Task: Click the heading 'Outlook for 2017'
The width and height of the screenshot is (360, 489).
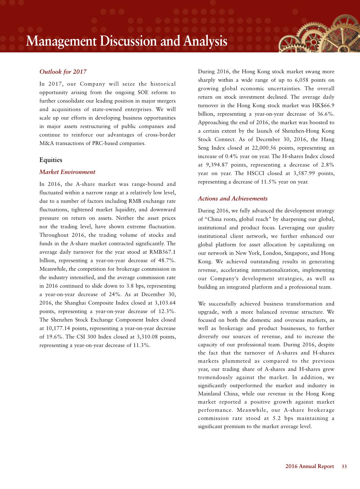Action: tap(63, 72)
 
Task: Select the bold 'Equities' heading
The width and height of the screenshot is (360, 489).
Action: tap(51, 160)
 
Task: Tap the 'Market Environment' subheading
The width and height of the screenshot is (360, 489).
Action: tap(67, 172)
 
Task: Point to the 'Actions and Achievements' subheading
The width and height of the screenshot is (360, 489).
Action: tap(233, 199)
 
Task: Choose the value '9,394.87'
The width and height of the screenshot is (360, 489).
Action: tap(218, 165)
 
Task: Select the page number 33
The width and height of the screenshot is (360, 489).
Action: tap(344, 467)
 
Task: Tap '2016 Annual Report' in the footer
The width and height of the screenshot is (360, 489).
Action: tap(309, 467)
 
